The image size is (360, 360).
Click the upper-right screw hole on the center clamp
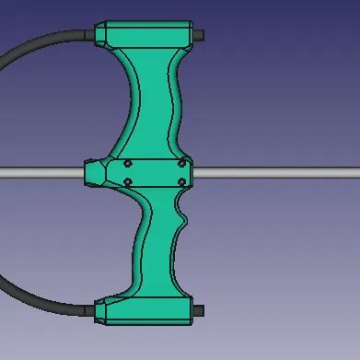182,164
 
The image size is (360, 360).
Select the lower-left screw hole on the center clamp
127,181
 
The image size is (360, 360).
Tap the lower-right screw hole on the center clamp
182,181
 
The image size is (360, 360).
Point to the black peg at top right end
199,36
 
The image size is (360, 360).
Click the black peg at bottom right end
199,311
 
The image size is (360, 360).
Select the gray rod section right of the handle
276,172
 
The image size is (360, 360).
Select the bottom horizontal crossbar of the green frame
147,312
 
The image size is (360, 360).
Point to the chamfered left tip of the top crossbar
99,34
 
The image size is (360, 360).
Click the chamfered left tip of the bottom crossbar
99,312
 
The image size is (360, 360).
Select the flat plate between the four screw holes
155,173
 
